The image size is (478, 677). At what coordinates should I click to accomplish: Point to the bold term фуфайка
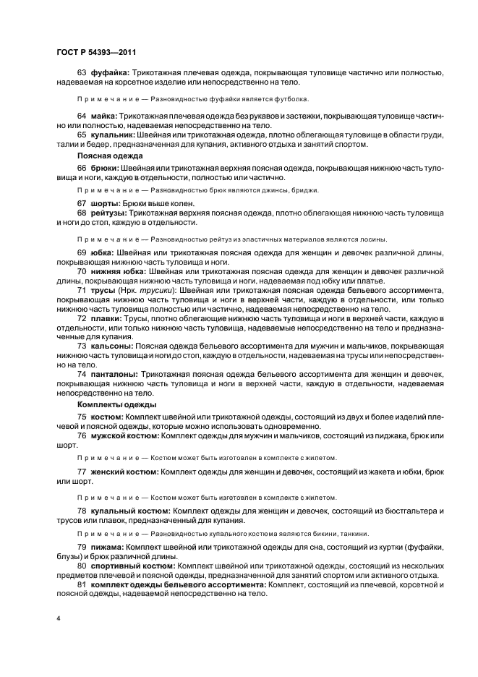click(110, 72)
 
